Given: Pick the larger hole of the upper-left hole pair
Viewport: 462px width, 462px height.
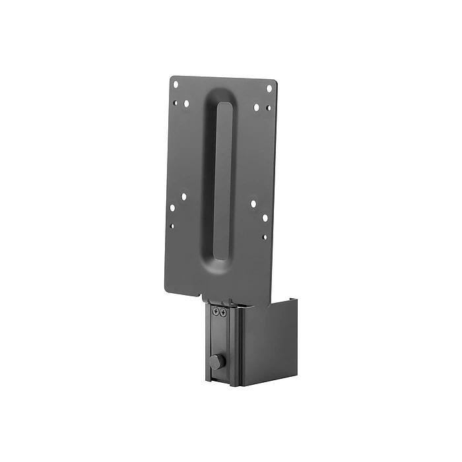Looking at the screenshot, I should pos(186,104).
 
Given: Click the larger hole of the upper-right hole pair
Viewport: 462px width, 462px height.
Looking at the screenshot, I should pos(257,107).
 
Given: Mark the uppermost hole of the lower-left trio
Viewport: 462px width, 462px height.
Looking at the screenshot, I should pos(184,197).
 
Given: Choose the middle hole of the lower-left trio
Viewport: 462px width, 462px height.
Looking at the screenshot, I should pos(173,207).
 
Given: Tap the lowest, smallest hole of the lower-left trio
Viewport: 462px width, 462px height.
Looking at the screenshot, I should pos(173,226).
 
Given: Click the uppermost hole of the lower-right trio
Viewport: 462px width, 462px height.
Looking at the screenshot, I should pos(253,204).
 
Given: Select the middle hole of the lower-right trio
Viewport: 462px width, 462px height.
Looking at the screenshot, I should pos(265,217).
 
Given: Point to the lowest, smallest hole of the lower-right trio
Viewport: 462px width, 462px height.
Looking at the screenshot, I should pos(264,236).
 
